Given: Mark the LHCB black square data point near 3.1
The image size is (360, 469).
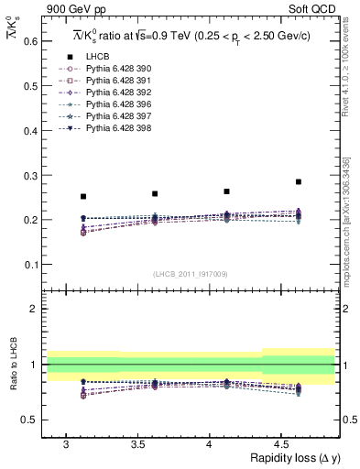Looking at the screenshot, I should (x=83, y=196).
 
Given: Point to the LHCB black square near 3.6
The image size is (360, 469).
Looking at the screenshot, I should (x=155, y=193).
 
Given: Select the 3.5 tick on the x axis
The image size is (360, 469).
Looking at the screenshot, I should (x=138, y=444).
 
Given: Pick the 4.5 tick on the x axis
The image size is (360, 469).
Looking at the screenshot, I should (x=281, y=444).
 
